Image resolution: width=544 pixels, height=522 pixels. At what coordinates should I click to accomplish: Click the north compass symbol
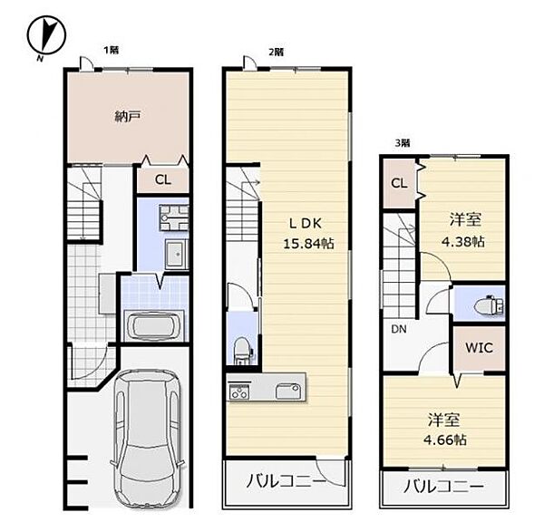pos(46,36)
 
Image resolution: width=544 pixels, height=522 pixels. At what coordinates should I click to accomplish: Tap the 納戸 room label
pos(128,117)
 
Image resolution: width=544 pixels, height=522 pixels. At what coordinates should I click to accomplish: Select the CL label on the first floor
pos(162,179)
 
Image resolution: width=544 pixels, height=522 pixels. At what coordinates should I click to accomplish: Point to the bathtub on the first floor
pos(155,326)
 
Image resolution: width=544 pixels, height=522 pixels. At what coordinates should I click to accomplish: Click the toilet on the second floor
pos(241,350)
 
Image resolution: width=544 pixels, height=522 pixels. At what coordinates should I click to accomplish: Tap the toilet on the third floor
pos(488,304)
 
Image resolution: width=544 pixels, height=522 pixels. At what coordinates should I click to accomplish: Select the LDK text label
pos(306,224)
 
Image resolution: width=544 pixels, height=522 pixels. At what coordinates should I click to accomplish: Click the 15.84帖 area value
pos(308,244)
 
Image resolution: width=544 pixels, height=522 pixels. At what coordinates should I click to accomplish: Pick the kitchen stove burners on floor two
pos(239,391)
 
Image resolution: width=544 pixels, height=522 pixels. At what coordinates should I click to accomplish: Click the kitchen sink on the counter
pos(288,391)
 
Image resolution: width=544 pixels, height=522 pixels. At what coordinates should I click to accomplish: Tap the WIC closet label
pos(479,347)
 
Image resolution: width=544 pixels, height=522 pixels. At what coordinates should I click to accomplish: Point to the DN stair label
pos(399,329)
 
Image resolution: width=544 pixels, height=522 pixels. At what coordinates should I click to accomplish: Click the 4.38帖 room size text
pos(462,241)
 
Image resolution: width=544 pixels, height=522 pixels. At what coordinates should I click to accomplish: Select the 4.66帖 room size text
pos(445,440)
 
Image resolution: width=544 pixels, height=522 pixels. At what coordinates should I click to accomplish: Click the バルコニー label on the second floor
pos(287,481)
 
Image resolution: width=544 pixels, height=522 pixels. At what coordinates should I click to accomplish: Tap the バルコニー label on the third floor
pos(443,487)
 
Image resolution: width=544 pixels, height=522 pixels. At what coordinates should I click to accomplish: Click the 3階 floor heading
pos(403,143)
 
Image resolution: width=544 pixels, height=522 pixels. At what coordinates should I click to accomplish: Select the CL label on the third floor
pos(399,183)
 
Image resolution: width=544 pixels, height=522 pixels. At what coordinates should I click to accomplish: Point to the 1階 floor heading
pos(111,50)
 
